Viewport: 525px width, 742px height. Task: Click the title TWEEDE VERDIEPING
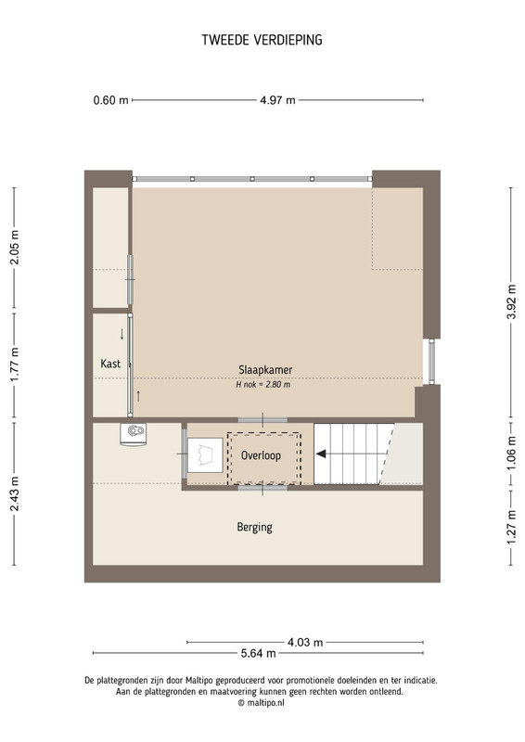(x=262, y=40)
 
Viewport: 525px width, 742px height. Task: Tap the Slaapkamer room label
(x=265, y=370)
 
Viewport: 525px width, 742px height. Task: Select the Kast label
(x=110, y=364)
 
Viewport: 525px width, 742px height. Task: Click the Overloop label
(x=261, y=455)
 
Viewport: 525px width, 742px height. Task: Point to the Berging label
(x=255, y=527)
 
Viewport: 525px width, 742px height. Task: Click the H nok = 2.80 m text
(x=263, y=385)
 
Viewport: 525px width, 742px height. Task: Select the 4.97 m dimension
(x=277, y=100)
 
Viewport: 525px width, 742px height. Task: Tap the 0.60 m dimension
(x=110, y=100)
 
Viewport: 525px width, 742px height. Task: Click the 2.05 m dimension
(x=15, y=247)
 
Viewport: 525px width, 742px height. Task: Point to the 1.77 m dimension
(x=15, y=365)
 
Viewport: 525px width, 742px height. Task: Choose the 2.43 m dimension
(x=15, y=494)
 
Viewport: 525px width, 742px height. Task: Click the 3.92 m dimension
(x=512, y=302)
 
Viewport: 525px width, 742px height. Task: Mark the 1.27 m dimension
(x=512, y=527)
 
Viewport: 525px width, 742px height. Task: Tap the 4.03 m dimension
(x=305, y=643)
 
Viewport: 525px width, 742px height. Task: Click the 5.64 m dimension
(x=258, y=654)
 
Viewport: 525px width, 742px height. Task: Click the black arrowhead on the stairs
(x=321, y=454)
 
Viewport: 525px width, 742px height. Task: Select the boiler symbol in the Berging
(x=133, y=434)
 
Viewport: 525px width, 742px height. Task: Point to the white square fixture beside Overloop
(x=205, y=454)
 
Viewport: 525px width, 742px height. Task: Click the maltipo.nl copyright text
(x=262, y=703)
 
